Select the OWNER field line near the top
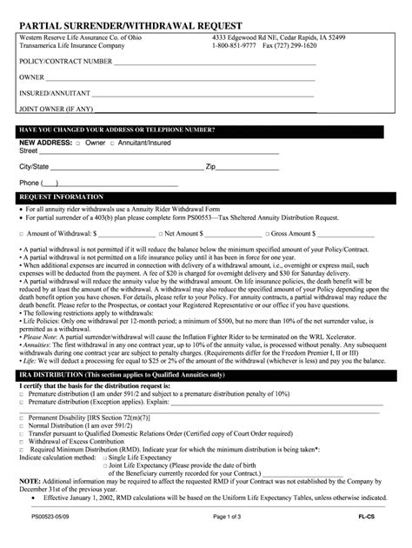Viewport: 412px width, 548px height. point(183,79)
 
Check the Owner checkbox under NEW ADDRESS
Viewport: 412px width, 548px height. point(79,143)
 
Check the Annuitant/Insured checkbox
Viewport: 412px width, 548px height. point(111,143)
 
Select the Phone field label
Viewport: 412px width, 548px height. point(30,183)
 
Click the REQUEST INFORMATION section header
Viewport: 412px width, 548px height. point(60,197)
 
